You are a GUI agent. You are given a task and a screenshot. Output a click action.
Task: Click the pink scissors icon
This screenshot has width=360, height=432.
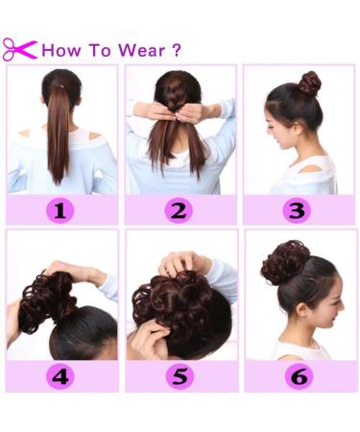point(18,49)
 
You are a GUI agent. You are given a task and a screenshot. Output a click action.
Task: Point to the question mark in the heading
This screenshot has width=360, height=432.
point(175,50)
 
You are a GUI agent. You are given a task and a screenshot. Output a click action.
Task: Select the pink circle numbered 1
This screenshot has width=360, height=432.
point(61,209)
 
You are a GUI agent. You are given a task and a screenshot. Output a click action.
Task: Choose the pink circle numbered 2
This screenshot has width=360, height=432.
point(180,209)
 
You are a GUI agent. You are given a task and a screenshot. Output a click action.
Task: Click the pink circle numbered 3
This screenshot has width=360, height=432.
point(299,209)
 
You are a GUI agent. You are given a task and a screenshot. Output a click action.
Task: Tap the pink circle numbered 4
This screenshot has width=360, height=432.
point(61,375)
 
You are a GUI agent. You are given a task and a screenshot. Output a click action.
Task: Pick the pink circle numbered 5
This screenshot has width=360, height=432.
point(180,375)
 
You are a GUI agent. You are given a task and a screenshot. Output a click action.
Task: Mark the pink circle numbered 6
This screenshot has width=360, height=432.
point(299,375)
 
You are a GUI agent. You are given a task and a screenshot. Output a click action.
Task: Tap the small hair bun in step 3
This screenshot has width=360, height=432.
point(308,83)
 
